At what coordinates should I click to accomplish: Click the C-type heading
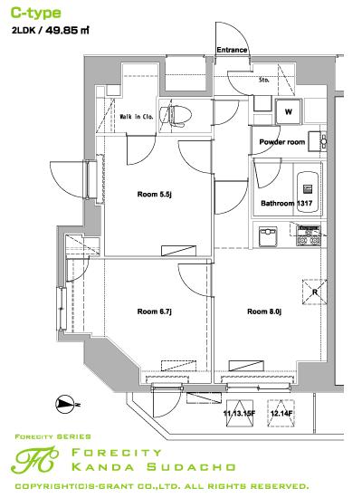tap(36, 14)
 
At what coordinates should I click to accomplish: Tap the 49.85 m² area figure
tap(67, 31)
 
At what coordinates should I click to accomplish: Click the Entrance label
tap(232, 50)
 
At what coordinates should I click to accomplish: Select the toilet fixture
tap(176, 116)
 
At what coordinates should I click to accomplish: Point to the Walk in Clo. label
tap(137, 117)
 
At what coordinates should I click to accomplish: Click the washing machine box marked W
tap(289, 111)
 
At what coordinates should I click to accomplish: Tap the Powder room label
tap(282, 142)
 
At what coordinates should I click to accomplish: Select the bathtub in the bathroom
tap(308, 189)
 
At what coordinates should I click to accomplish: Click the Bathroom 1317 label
tap(286, 203)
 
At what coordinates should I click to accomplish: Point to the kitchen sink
tap(268, 236)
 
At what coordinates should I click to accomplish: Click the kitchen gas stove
tap(308, 235)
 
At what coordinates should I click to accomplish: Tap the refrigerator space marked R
tap(314, 292)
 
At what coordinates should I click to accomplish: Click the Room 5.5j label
tap(155, 194)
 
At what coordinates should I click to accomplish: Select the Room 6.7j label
tap(155, 311)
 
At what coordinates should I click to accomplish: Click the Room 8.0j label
tap(264, 311)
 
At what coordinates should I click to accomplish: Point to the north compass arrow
tap(65, 405)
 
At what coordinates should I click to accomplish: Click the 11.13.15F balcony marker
tap(240, 413)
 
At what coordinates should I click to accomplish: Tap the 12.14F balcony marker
tap(281, 413)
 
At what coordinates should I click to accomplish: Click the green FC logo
tap(34, 460)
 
